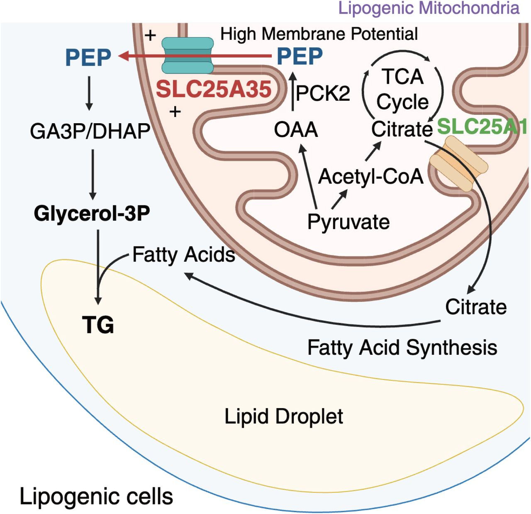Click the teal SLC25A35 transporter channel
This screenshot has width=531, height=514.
point(187,56)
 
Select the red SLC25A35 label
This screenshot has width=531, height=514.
point(213,89)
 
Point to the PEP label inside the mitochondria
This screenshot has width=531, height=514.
point(300,56)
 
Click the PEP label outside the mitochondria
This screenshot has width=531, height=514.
point(88,57)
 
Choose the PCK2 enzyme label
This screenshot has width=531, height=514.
point(323,93)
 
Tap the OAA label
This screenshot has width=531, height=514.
point(296,130)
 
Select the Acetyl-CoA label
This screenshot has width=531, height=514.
point(370,177)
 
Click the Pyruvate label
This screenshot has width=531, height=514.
point(348,222)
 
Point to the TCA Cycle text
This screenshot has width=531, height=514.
point(402,89)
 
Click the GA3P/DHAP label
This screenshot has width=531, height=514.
point(90,132)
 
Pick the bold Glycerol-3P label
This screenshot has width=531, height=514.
point(92,214)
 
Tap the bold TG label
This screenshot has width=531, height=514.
point(98,324)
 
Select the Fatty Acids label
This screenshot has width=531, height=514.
point(184,254)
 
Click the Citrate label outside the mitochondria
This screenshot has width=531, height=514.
point(476,307)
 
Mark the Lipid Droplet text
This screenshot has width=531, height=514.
point(284,416)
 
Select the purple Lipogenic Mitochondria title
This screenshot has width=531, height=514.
point(429,8)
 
